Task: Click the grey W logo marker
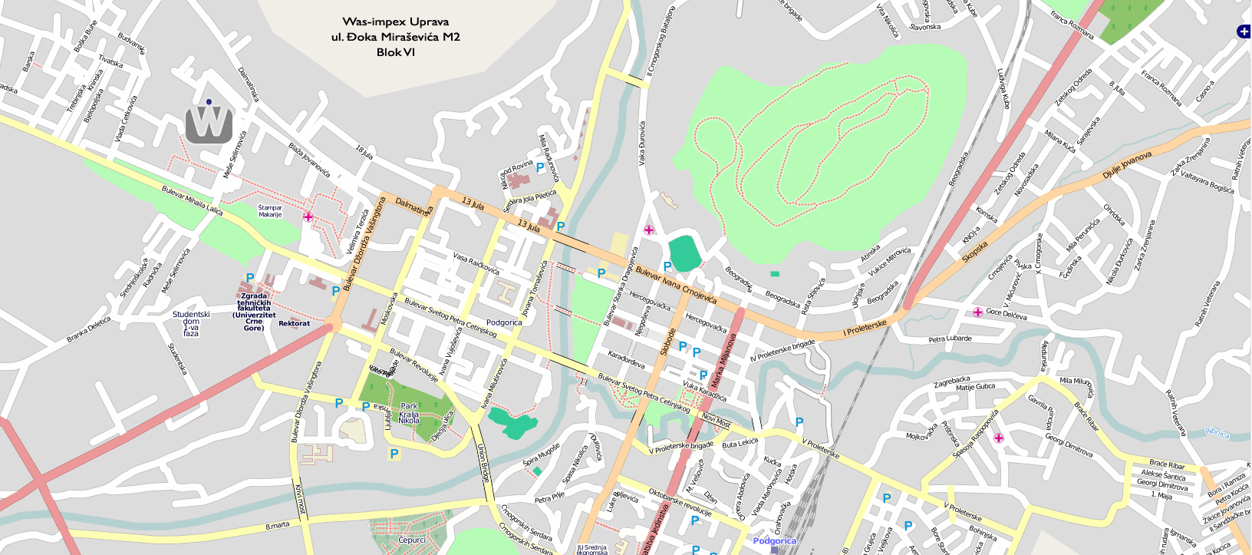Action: tap(209, 124)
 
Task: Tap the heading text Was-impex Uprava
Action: tap(395, 21)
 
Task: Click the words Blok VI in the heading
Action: tap(395, 52)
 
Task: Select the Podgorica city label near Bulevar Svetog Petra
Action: tap(504, 322)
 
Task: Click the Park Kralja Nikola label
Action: tap(409, 413)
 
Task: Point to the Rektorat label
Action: tap(294, 323)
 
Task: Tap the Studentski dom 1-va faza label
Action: tap(191, 323)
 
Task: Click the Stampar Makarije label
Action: tap(270, 211)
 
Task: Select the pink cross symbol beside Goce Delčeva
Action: tap(977, 312)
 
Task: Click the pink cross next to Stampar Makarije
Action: tap(308, 217)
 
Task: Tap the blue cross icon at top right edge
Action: tap(1243, 31)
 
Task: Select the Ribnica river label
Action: tap(1217, 433)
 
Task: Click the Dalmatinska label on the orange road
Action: tap(413, 206)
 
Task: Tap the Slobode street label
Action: tap(668, 342)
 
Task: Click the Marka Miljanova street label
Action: tap(719, 361)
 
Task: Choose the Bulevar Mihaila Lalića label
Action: tap(192, 200)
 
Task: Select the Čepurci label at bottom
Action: tap(411, 540)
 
